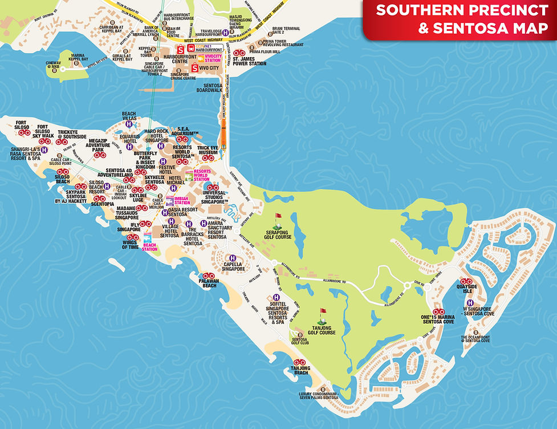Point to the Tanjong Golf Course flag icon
pyautogui.click(x=323, y=313)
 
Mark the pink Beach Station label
pyautogui.click(x=149, y=246)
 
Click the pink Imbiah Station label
pyautogui.click(x=182, y=201)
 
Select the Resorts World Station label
pyautogui.click(x=202, y=175)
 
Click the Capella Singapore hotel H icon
pyautogui.click(x=233, y=258)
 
